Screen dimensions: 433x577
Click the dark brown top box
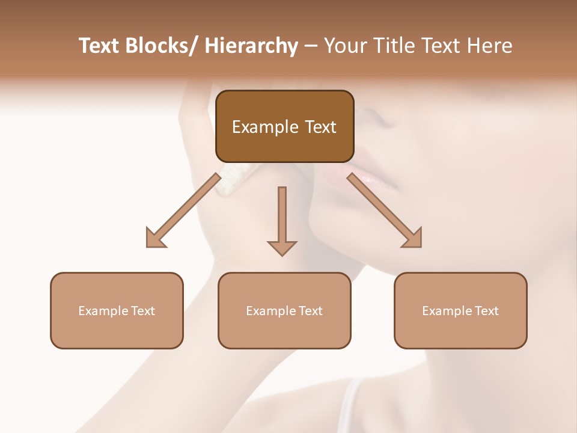coord(284,126)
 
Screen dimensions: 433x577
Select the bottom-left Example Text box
coord(117,310)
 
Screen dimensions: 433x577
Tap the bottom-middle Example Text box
coord(284,310)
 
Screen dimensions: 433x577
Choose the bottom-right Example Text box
coord(460,310)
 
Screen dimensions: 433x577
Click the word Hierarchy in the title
coord(251,46)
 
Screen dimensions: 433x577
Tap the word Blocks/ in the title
coord(162,46)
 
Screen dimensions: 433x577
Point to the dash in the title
coord(311,46)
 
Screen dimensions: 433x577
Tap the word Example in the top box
coord(264,127)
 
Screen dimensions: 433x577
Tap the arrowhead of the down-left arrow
coord(155,239)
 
